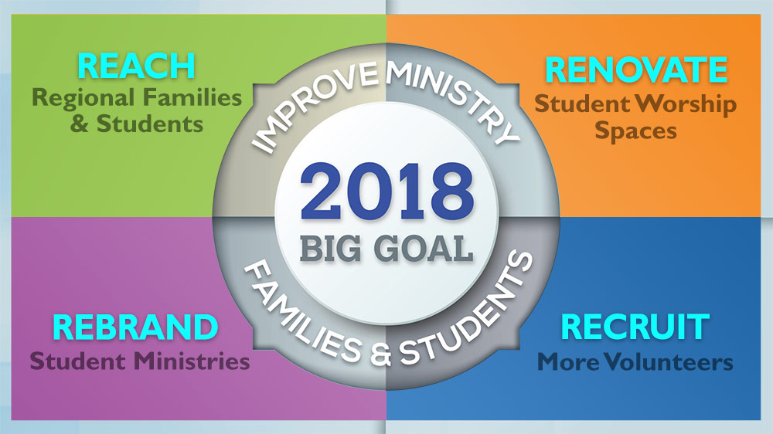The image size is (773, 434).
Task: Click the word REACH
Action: click(x=136, y=66)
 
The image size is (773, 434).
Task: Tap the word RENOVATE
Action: click(x=636, y=70)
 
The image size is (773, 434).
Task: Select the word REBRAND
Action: click(x=135, y=327)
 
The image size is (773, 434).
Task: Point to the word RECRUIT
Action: click(x=635, y=327)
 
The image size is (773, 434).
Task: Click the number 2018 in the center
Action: click(x=387, y=192)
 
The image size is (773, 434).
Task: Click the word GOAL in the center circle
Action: click(x=423, y=249)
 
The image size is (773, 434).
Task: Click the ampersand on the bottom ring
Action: click(x=380, y=353)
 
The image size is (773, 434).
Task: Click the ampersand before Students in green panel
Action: click(x=79, y=124)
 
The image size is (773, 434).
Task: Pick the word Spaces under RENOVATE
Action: click(x=635, y=131)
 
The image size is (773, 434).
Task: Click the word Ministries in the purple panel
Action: click(x=192, y=361)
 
